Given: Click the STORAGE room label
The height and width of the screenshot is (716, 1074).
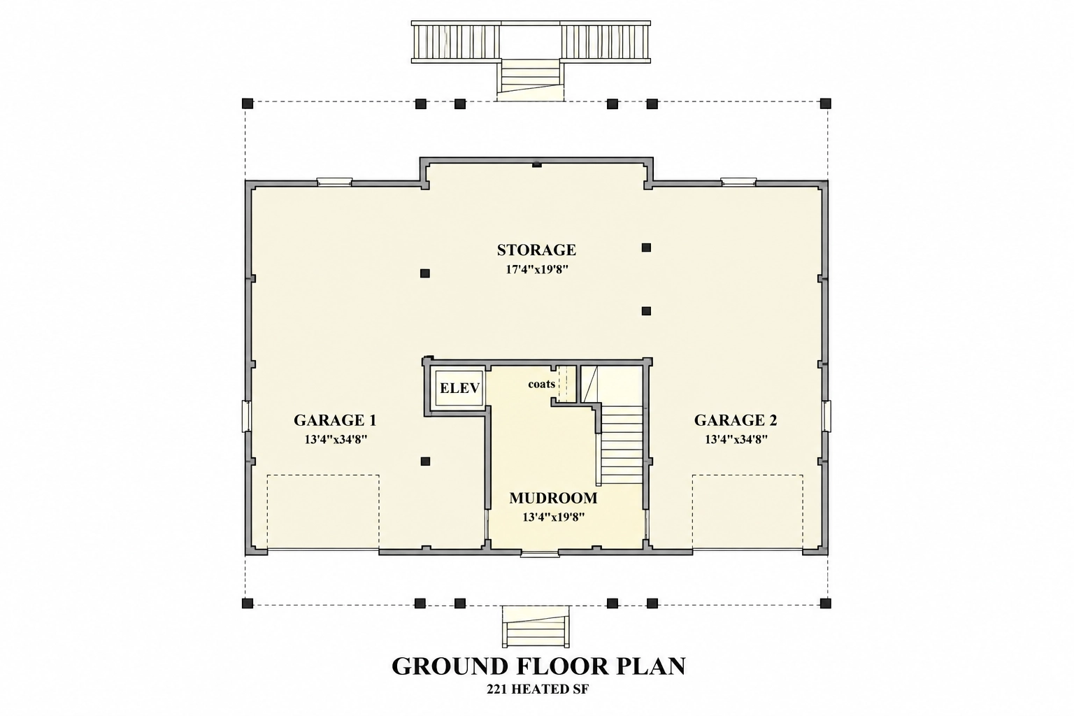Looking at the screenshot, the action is (536, 250).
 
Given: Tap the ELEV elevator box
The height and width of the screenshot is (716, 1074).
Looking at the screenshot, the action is (460, 388).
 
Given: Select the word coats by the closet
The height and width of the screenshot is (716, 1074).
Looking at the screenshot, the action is (542, 384).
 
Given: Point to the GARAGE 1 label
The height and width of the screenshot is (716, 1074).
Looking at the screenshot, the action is (335, 420).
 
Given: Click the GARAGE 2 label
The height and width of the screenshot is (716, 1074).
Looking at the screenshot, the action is (736, 420).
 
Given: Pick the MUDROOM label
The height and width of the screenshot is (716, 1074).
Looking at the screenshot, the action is (553, 499).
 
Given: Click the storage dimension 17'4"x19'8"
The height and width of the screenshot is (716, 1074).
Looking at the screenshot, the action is (537, 269).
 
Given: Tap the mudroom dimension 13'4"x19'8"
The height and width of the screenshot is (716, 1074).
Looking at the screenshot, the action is (553, 517).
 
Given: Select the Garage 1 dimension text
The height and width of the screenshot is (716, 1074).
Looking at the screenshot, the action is (336, 440).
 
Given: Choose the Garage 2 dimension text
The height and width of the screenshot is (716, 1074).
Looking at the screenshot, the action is (736, 440).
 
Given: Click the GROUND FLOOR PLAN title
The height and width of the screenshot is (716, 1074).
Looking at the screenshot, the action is (538, 666).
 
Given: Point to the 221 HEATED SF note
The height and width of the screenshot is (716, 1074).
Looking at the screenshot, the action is (538, 689).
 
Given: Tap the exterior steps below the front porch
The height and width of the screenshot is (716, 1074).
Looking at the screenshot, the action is (536, 626).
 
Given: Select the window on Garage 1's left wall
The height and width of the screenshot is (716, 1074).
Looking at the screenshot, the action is (246, 416).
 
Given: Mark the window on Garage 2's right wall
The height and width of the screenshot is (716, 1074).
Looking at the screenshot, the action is (827, 416).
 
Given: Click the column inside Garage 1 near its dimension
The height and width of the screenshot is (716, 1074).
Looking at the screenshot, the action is (425, 461).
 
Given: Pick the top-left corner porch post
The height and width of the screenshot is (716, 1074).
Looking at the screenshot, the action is (248, 103).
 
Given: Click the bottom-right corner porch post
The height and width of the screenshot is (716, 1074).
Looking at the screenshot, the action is (825, 603).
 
